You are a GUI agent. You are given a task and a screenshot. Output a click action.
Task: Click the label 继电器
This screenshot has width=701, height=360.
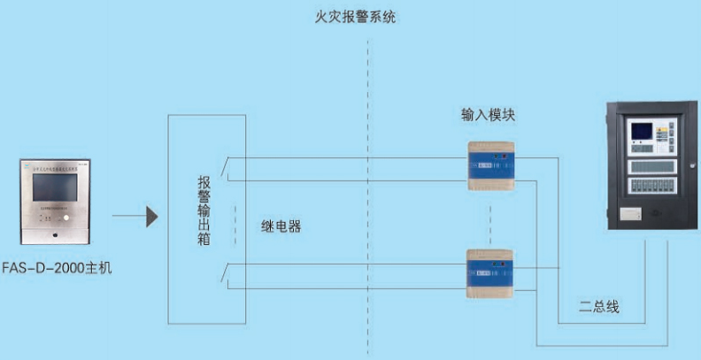click(281, 226)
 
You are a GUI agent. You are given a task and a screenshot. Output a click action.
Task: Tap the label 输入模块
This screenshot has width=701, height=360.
click(488, 115)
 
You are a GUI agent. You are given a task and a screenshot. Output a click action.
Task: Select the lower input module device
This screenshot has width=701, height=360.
click(490, 274)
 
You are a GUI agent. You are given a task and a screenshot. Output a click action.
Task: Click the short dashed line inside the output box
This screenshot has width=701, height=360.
click(235, 225)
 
